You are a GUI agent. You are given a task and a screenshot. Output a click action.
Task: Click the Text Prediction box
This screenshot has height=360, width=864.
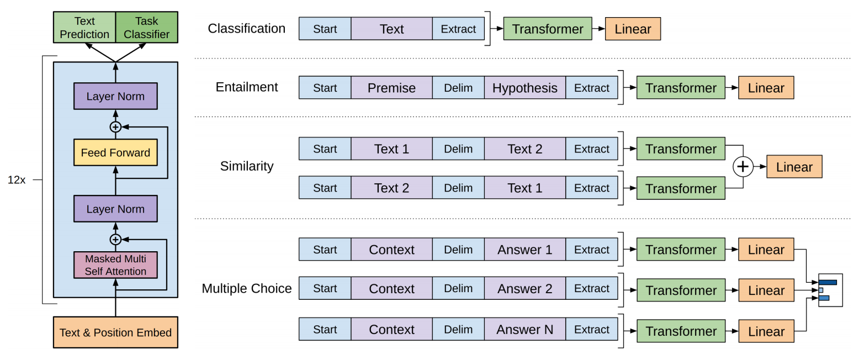(x=84, y=28)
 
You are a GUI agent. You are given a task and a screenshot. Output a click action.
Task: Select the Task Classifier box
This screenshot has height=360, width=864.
(x=146, y=28)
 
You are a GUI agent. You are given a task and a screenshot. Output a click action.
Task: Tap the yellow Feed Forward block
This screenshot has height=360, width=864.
(x=115, y=152)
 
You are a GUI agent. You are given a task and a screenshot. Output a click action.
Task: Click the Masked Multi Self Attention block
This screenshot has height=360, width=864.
(x=115, y=265)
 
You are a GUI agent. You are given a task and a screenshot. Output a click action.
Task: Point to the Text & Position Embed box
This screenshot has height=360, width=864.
(x=115, y=332)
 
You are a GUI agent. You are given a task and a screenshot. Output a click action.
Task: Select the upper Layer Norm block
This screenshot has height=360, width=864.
(x=115, y=96)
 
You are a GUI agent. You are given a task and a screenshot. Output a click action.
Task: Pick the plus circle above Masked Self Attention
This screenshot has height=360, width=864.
(x=115, y=239)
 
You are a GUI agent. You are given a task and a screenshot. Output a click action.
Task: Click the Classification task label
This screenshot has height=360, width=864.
(x=246, y=29)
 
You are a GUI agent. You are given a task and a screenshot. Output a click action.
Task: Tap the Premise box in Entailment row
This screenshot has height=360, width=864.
(x=391, y=88)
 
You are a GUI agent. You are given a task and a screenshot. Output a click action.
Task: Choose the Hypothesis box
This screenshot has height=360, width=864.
(x=524, y=88)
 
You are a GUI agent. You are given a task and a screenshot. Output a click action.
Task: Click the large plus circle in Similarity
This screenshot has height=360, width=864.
(x=743, y=167)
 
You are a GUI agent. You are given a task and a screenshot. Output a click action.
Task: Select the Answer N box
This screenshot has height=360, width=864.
(x=524, y=330)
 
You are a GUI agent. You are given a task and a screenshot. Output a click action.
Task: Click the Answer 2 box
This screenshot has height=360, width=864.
(x=524, y=288)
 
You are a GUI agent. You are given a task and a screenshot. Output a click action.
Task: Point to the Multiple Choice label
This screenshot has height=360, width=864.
(x=246, y=288)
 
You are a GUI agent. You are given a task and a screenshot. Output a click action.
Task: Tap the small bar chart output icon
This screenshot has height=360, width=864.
(x=830, y=290)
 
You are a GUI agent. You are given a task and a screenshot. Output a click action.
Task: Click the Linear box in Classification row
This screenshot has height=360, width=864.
(x=633, y=29)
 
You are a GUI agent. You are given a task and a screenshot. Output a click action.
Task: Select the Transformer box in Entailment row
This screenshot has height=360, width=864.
(x=681, y=88)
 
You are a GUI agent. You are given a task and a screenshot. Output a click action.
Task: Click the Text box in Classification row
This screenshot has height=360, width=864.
(x=391, y=29)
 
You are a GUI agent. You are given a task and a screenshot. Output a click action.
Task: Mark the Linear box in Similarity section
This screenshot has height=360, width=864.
(x=794, y=167)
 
